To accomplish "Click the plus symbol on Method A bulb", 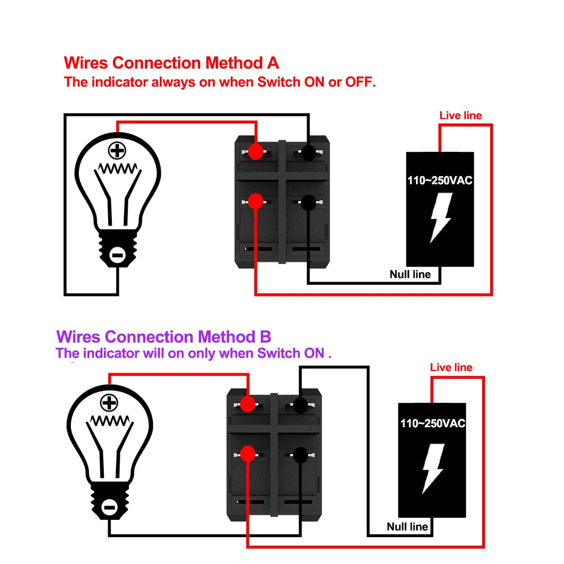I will coord(117,151).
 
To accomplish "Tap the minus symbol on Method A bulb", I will coord(117,255).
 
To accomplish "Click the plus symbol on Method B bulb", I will coord(109,403).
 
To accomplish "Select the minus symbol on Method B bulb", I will coord(109,507).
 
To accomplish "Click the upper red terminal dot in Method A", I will coord(256,152).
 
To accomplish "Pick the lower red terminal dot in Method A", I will coord(256,202).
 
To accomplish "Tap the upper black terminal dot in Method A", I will coord(308,152).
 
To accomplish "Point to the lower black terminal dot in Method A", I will coord(308,203).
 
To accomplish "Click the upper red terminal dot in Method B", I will coord(248,404).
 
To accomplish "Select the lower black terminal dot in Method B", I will coord(300,454).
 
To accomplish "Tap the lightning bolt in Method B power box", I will coord(433,468).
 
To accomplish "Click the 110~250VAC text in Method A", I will coord(439,180).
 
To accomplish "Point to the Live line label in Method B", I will coord(451,368).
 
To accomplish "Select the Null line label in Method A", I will coord(410,274).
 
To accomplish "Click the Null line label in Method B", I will coord(407,526).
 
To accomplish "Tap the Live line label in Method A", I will coord(461,116).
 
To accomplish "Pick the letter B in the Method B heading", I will coord(265,337).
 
